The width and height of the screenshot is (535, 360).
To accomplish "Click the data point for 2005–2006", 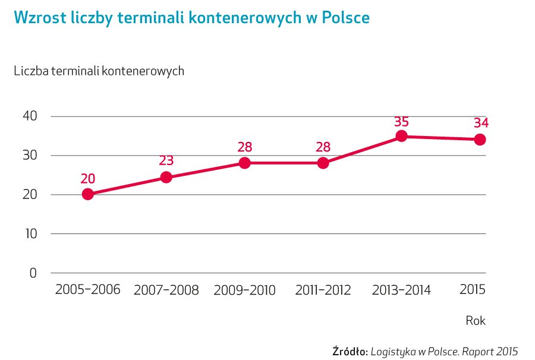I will click(x=88, y=194).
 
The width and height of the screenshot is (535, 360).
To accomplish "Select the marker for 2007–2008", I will click(x=166, y=177).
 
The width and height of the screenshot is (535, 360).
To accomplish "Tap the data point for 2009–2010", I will click(x=244, y=163).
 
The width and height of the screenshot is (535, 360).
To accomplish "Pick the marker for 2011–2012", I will click(x=323, y=163).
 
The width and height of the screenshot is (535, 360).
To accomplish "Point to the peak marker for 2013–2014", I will click(x=401, y=136).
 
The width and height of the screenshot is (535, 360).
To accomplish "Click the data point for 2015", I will click(x=480, y=140).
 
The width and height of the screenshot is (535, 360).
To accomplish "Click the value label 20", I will click(x=88, y=179).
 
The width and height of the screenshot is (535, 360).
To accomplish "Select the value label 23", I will click(x=166, y=160).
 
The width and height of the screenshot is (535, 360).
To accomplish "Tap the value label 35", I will click(x=401, y=122).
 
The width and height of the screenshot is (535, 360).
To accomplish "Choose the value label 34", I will click(x=480, y=124).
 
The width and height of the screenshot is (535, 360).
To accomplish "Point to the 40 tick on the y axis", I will click(x=29, y=116).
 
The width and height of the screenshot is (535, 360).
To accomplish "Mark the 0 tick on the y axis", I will click(x=33, y=273).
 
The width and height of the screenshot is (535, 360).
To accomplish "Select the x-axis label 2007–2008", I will click(x=166, y=290).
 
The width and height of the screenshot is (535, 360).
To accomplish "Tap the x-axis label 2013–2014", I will click(x=401, y=290).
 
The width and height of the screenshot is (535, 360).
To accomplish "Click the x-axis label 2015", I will click(x=473, y=290).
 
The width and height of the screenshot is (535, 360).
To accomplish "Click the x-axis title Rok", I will click(x=476, y=321).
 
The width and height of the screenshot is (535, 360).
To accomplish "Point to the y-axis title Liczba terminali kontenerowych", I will click(x=99, y=71).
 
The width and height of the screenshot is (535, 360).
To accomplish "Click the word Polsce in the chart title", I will click(x=345, y=18).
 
